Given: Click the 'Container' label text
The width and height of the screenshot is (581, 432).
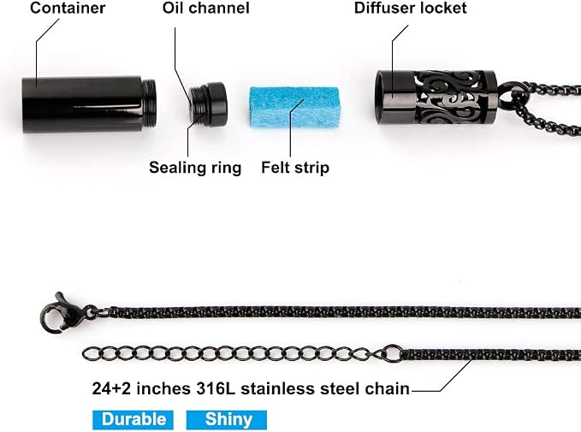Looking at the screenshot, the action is (68, 8).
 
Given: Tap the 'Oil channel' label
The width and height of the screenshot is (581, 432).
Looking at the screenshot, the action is (205, 8).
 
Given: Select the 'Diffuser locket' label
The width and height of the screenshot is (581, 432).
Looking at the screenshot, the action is (410, 8).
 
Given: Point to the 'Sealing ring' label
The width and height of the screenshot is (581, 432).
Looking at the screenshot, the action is (195, 168).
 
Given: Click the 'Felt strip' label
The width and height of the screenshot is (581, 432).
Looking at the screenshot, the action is (295, 168).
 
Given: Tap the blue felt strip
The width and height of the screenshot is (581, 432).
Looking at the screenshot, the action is (294, 108).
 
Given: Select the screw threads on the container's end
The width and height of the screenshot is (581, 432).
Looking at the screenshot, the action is (149, 101).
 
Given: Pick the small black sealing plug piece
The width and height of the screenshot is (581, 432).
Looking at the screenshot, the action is (207, 104).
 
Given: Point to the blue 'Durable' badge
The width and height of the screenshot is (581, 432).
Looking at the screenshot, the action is (133, 420).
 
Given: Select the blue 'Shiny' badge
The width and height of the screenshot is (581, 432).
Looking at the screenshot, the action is (227, 420).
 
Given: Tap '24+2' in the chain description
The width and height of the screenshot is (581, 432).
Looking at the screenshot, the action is (111, 388).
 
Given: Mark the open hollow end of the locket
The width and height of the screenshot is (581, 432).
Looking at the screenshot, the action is (383, 97).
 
